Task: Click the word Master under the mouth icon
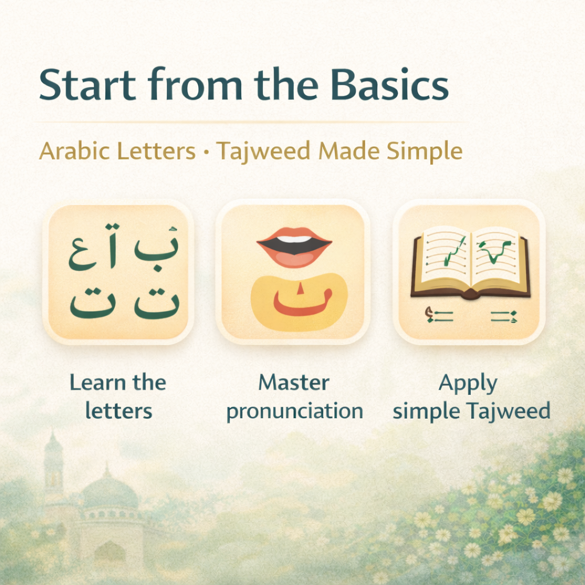click(294, 382)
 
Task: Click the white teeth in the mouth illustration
click(294, 239)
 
